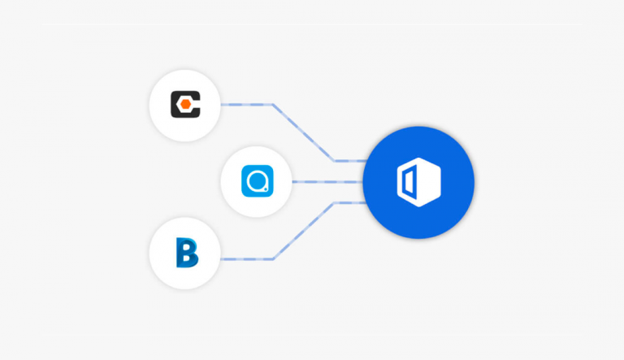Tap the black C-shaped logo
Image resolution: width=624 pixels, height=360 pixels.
click(x=184, y=105)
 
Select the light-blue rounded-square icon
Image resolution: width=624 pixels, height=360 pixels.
click(x=257, y=182)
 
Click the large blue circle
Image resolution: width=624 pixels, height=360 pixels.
click(x=418, y=181)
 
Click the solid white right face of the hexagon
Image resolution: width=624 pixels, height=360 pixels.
click(x=428, y=181)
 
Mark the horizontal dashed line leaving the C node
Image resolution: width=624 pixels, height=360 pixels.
click(x=246, y=105)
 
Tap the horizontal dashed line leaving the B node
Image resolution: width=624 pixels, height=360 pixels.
click(x=246, y=259)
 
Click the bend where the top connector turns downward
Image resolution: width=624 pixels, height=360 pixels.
click(x=273, y=105)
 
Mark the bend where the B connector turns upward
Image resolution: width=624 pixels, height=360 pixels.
click(x=273, y=259)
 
